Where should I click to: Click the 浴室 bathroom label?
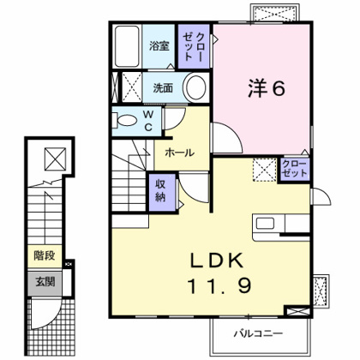pos(159,46)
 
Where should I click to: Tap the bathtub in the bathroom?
pos(127,46)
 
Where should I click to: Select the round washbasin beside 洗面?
pos(195,87)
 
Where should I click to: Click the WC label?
pos(148,121)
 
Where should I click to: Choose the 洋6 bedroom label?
pos(267,88)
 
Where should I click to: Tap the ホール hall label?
pos(180,153)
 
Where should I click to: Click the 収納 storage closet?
pos(162,192)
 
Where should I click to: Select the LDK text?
pos(217,261)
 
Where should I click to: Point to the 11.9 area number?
pos(219,286)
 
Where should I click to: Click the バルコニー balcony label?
pos(258,333)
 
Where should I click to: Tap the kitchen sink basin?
pos(265,223)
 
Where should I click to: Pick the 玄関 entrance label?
pos(45,282)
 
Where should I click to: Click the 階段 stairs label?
pos(45,255)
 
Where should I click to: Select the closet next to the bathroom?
pos(194,46)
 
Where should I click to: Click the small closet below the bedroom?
pos(294,169)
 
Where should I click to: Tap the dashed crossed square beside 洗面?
pos(132,87)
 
